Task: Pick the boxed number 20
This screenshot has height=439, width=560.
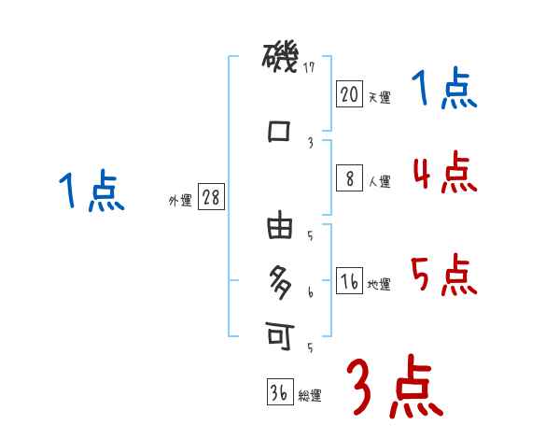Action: (x=349, y=93)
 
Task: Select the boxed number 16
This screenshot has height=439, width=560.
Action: (x=349, y=281)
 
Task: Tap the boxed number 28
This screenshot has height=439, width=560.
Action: (x=211, y=198)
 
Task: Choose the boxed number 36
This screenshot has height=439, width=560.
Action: (x=279, y=392)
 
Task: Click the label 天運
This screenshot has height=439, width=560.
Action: (x=379, y=97)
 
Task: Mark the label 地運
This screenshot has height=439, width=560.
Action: (x=379, y=285)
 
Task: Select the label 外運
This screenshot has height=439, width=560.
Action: (x=180, y=201)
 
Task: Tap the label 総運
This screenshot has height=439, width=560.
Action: (x=310, y=396)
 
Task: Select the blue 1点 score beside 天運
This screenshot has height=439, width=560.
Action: (x=444, y=90)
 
